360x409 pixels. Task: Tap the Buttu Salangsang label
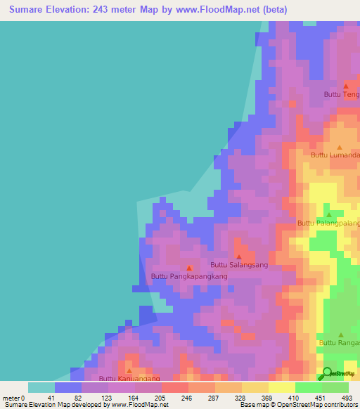(x=239, y=265)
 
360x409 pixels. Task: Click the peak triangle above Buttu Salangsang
(x=239, y=257)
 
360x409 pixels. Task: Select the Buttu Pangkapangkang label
(x=189, y=277)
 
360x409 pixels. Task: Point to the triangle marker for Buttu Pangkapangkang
(x=189, y=268)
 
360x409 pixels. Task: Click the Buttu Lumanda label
(x=335, y=155)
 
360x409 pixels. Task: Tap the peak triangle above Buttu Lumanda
(x=340, y=147)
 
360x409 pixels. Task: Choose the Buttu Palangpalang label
(x=328, y=223)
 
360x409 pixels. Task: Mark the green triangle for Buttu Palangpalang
(x=328, y=214)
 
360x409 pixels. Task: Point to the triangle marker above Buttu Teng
(x=346, y=86)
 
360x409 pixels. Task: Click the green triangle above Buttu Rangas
(x=341, y=335)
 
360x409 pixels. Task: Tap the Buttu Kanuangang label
(x=129, y=379)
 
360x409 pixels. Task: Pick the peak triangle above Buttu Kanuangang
(x=129, y=370)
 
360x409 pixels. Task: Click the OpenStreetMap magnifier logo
(x=328, y=373)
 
